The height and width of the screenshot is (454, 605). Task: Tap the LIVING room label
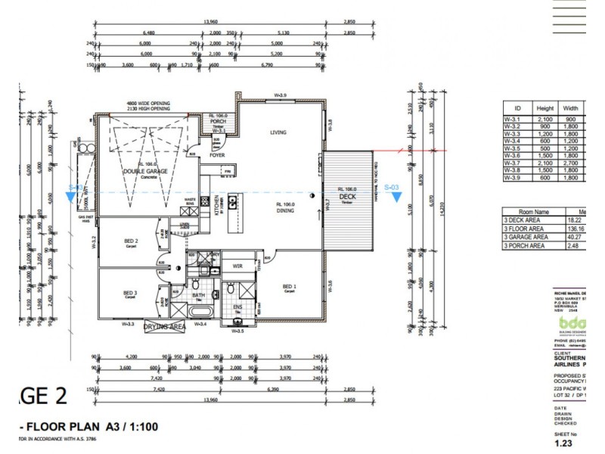279,132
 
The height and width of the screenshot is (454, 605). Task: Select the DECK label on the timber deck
346,195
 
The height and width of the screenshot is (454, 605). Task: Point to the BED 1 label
289,286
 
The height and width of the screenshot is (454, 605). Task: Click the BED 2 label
130,242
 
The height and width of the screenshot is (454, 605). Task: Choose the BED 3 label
130,293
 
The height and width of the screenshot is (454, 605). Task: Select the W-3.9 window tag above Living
279,95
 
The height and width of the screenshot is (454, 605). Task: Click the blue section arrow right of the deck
396,197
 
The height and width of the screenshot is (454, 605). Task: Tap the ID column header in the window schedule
517,108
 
